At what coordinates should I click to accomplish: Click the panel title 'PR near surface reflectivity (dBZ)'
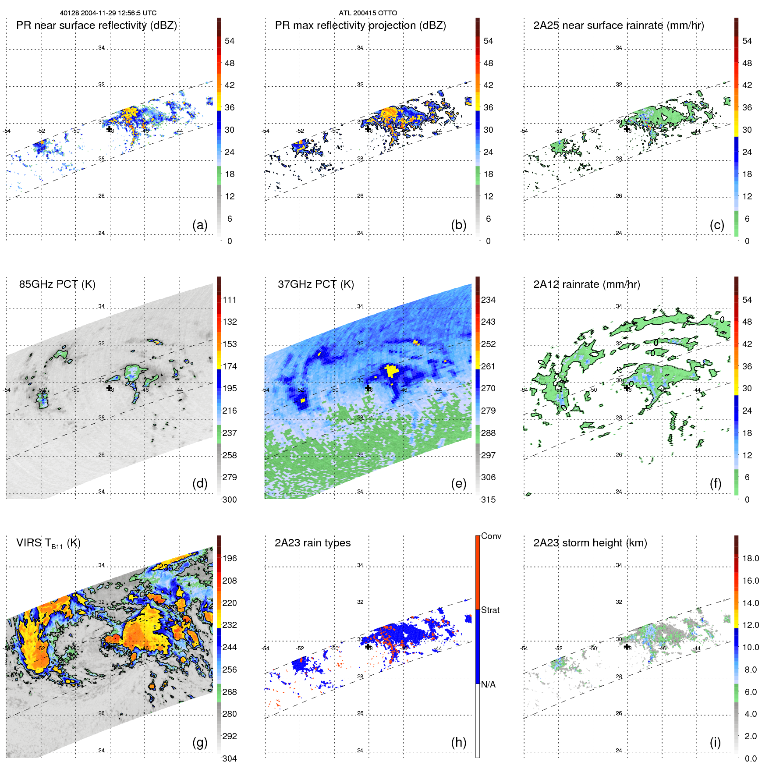(x=96, y=25)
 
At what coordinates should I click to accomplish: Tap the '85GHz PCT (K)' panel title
(x=57, y=284)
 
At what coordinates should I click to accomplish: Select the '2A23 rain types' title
(x=312, y=543)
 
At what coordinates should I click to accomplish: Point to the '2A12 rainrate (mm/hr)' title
(x=586, y=284)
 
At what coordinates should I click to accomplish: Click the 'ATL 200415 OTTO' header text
(x=368, y=13)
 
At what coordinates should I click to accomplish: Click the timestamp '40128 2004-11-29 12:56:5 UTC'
(x=108, y=13)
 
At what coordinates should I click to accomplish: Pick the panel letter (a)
(x=200, y=225)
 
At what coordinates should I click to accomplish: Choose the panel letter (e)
(x=458, y=483)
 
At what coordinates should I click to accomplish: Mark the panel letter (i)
(x=715, y=742)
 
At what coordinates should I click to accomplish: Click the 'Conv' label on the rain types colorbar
(x=491, y=536)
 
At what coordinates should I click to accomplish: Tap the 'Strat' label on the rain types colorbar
(x=490, y=610)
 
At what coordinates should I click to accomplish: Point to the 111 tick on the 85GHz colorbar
(x=229, y=300)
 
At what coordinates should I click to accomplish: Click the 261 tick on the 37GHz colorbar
(x=488, y=366)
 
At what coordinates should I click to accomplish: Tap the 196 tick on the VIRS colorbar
(x=229, y=558)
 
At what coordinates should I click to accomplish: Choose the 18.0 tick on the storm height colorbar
(x=750, y=558)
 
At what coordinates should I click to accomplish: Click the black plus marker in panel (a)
(x=109, y=129)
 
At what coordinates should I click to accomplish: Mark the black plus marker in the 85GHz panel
(x=109, y=388)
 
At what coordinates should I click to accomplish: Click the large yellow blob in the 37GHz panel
(x=391, y=371)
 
